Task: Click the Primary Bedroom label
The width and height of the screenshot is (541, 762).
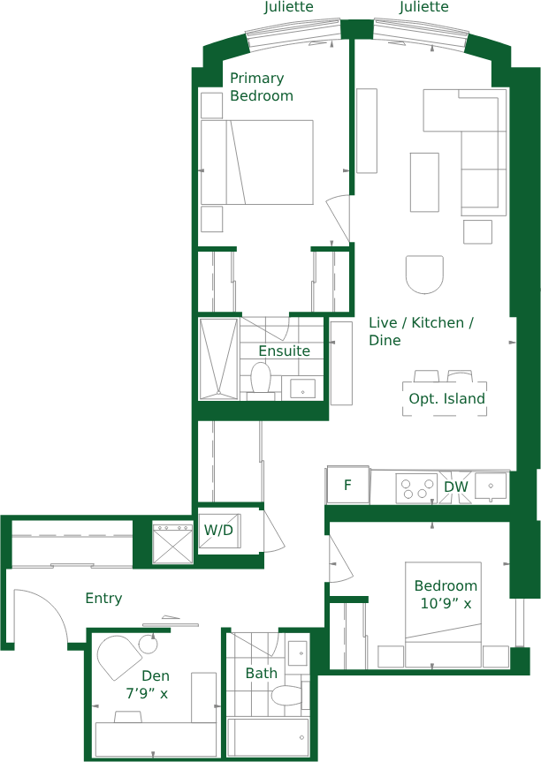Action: (x=262, y=87)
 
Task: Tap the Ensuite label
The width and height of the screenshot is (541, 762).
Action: (x=284, y=351)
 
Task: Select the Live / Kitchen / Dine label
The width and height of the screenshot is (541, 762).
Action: (x=421, y=331)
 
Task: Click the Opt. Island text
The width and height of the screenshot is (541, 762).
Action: (x=446, y=398)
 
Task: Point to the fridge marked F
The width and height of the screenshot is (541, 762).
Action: (x=348, y=485)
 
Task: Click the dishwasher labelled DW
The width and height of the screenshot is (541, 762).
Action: (x=455, y=487)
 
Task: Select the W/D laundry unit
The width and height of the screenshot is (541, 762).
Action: (x=219, y=530)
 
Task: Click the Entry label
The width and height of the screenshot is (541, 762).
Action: (x=103, y=599)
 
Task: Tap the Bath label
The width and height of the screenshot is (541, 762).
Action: (x=262, y=673)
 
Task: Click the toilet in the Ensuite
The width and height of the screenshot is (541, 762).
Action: (x=261, y=379)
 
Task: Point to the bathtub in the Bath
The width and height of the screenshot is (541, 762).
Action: (x=268, y=737)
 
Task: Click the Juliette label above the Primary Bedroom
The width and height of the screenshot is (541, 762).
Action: (x=289, y=7)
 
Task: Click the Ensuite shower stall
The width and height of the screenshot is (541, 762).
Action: (x=219, y=358)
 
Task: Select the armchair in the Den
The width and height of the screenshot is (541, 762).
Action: (x=119, y=657)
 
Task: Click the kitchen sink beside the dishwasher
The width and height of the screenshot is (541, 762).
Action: (x=491, y=487)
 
